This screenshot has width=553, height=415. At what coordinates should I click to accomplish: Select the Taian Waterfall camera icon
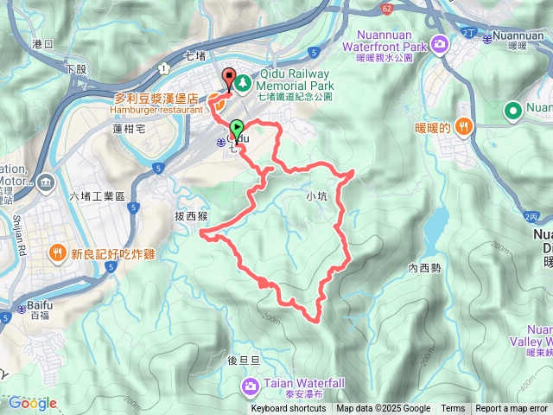(x=251, y=385)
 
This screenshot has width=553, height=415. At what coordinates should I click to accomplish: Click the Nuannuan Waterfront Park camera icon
(x=442, y=42)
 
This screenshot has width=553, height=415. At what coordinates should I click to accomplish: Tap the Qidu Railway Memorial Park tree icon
(x=243, y=83)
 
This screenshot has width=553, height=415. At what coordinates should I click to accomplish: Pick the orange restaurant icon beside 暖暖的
(x=465, y=126)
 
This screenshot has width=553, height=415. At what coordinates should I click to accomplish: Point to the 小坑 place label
(x=317, y=196)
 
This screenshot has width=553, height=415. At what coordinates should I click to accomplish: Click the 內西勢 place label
(x=424, y=268)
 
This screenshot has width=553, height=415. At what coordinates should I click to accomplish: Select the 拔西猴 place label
(x=192, y=215)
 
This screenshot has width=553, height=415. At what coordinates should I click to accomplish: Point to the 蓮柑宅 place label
(x=130, y=128)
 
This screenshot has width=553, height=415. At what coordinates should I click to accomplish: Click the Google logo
(x=32, y=403)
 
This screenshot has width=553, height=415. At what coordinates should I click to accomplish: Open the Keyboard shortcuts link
(x=289, y=409)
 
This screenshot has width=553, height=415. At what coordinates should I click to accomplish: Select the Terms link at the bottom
(x=453, y=409)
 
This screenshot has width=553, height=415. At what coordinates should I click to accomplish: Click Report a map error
(x=512, y=409)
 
